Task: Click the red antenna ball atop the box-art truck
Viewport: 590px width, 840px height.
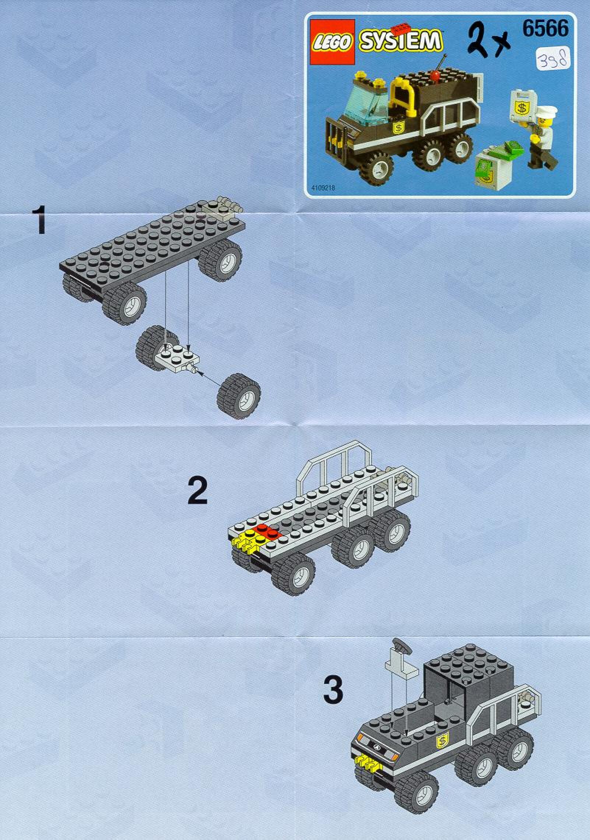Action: pos(436,77)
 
